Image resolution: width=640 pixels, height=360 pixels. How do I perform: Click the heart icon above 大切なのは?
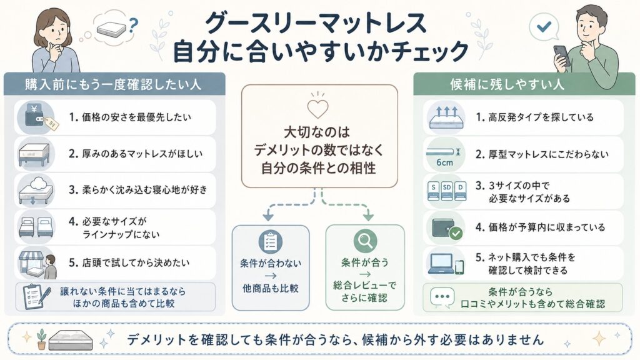click(x=317, y=109)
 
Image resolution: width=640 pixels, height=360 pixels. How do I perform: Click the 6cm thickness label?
click(x=444, y=162)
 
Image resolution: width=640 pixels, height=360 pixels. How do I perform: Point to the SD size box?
click(x=446, y=191)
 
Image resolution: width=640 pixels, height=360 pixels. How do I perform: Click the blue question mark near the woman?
click(x=132, y=26)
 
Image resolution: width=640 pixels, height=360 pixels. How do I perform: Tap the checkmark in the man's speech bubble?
click(x=544, y=27)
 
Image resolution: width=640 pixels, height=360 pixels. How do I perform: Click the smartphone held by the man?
click(x=562, y=56)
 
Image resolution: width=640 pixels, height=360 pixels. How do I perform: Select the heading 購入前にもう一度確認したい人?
click(x=113, y=84)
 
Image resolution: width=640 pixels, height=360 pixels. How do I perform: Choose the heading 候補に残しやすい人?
click(x=507, y=84)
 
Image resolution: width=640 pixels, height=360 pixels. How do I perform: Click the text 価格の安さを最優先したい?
click(x=136, y=117)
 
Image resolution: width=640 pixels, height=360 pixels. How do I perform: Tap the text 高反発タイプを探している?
click(x=541, y=117)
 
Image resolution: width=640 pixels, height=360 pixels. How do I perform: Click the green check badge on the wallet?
click(x=456, y=234)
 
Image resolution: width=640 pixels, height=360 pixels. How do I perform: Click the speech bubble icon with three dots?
click(x=442, y=297)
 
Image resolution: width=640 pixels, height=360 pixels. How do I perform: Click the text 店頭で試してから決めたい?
click(x=136, y=262)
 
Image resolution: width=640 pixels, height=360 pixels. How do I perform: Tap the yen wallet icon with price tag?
click(x=39, y=117)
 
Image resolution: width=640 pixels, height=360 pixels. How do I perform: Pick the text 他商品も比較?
click(x=271, y=289)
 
